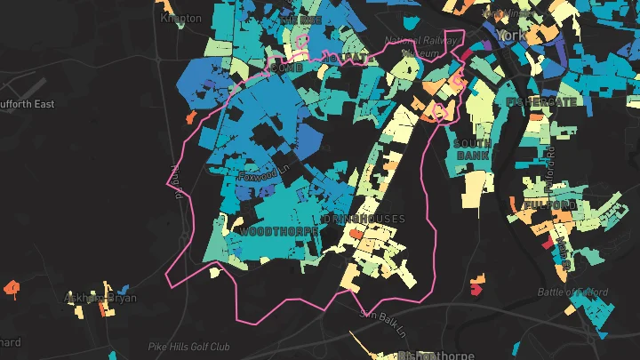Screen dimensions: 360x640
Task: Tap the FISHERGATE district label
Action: [x=541, y=101]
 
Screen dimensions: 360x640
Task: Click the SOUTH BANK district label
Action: [x=471, y=149]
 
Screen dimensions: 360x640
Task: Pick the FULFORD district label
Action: [x=550, y=205]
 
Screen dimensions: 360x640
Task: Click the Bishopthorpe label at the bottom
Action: [x=432, y=354]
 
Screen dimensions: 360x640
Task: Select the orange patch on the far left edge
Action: [x=12, y=287]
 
